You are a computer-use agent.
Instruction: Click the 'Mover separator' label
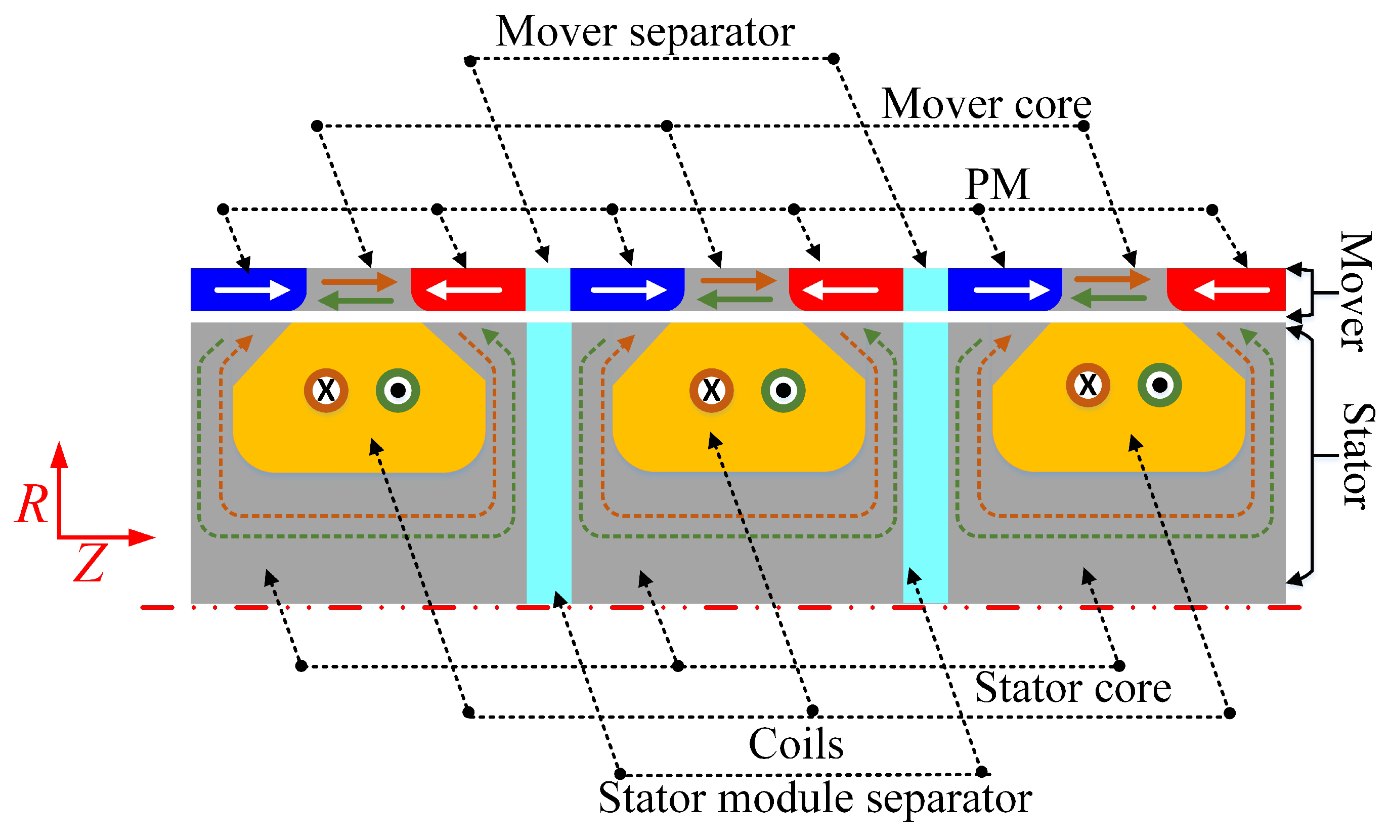point(645,32)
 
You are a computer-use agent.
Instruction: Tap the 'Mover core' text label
point(986,104)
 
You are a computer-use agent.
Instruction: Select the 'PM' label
point(997,184)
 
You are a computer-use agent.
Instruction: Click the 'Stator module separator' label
point(814,799)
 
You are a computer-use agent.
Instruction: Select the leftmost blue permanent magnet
point(248,289)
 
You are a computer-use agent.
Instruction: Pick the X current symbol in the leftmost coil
point(326,390)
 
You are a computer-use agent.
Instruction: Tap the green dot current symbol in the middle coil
point(783,390)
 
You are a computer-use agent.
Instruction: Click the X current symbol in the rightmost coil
point(1087,385)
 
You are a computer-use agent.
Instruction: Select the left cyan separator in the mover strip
point(547,289)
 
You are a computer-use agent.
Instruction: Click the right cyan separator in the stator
point(925,462)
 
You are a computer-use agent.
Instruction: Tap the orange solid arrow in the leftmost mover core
point(359,281)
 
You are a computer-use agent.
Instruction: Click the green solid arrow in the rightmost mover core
point(1108,298)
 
